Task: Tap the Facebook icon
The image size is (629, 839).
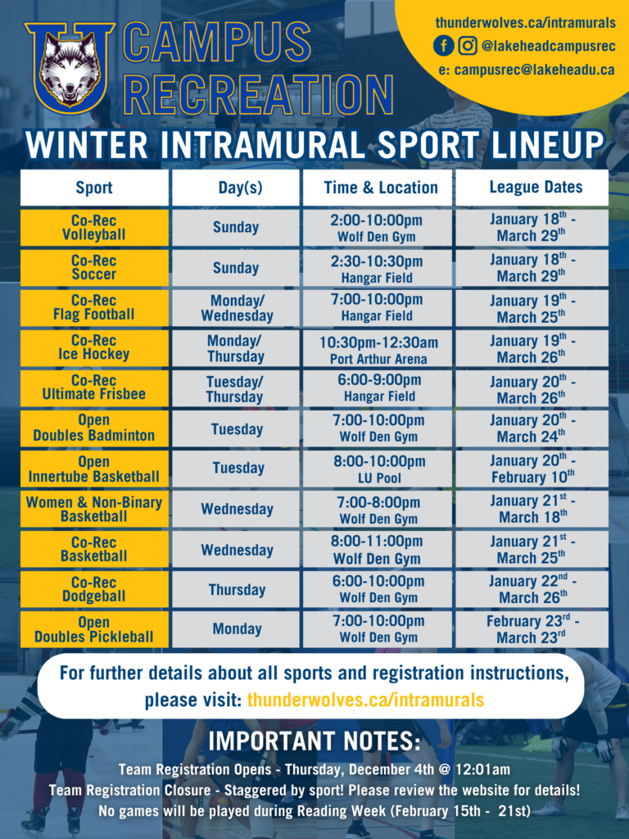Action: click(x=443, y=46)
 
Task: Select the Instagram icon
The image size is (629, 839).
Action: click(x=468, y=46)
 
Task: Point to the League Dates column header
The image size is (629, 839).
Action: click(x=536, y=188)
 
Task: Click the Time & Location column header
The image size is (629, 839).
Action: click(x=381, y=188)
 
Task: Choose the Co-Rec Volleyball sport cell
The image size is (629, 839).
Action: click(x=94, y=228)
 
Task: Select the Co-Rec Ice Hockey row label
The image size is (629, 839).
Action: click(x=94, y=347)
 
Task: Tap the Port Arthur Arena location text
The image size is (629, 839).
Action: click(x=378, y=359)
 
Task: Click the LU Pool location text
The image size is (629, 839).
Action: click(x=379, y=478)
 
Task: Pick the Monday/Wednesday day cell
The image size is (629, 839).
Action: click(x=237, y=308)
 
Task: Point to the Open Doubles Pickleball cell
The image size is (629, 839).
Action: click(x=94, y=630)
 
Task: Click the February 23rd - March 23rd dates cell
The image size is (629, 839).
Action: click(x=532, y=629)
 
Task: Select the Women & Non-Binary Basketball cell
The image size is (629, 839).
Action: click(x=94, y=509)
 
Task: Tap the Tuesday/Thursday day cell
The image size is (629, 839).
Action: click(x=235, y=389)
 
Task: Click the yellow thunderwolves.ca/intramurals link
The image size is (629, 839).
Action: click(x=365, y=700)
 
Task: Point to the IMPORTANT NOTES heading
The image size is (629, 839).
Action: click(x=314, y=741)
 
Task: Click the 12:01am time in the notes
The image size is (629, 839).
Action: click(x=482, y=770)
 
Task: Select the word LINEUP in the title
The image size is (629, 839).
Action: click(x=548, y=144)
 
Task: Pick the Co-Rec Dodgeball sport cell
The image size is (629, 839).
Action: click(x=94, y=589)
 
